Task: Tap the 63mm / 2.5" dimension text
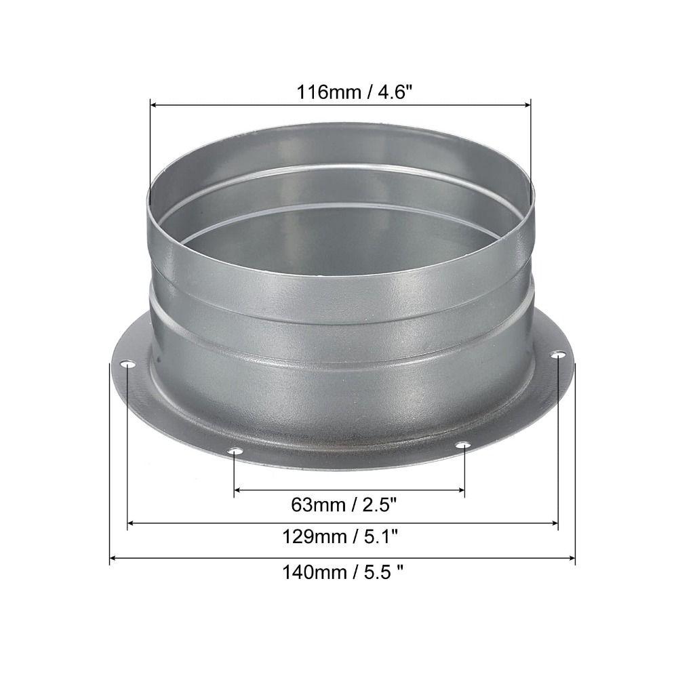point(344,504)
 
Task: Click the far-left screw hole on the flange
point(127,365)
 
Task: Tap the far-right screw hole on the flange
point(557,355)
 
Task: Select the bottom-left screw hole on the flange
point(234,451)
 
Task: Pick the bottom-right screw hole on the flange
point(463,445)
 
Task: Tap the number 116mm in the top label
point(321,92)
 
